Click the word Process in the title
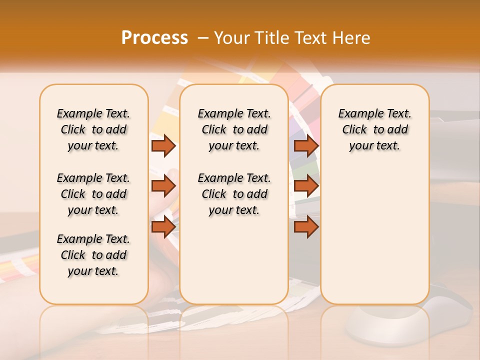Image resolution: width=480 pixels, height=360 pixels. [x=154, y=38]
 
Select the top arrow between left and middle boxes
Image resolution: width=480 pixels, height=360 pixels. [x=163, y=145]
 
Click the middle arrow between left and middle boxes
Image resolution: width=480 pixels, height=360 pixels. [x=163, y=186]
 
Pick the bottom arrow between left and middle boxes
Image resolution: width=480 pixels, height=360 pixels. [x=163, y=227]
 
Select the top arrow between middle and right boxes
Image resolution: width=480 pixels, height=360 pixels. [x=306, y=145]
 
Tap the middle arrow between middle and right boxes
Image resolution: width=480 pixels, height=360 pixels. [x=306, y=186]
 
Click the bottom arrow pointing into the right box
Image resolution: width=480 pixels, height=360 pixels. [x=306, y=227]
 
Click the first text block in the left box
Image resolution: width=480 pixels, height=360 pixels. [x=93, y=129]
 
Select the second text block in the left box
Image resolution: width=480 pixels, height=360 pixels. [x=93, y=194]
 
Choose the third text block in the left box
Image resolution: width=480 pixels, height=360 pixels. [x=93, y=255]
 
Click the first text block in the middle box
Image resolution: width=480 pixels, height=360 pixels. [x=234, y=129]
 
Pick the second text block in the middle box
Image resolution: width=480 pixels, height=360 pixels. [x=234, y=194]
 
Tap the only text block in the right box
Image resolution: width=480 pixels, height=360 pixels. [x=375, y=129]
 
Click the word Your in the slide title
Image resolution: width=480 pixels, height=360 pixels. [x=233, y=38]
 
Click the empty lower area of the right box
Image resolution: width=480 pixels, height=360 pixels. [x=375, y=235]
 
